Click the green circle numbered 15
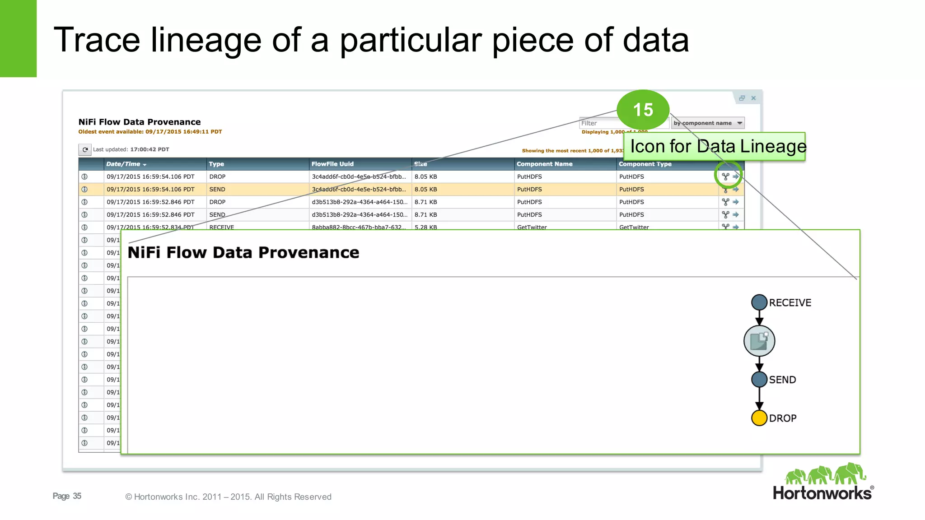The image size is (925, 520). click(x=643, y=110)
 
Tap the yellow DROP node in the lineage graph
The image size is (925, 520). click(x=759, y=418)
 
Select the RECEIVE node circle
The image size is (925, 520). click(x=759, y=302)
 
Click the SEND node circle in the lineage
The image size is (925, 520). click(x=759, y=380)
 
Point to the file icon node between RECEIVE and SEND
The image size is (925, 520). click(x=759, y=341)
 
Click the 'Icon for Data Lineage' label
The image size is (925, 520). click(x=718, y=146)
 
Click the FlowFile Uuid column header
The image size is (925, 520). click(x=332, y=164)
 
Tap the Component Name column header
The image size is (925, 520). click(x=544, y=164)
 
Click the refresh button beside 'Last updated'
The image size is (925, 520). click(x=85, y=149)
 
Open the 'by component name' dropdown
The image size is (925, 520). click(x=707, y=123)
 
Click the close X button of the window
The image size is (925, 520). click(x=753, y=98)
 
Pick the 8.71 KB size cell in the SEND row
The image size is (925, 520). click(x=425, y=214)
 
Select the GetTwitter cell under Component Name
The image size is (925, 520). click(x=532, y=227)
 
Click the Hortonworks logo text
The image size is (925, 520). click(x=822, y=493)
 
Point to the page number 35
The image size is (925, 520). click(x=77, y=496)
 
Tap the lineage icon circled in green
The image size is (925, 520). click(x=725, y=176)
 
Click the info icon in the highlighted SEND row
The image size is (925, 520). click(x=84, y=189)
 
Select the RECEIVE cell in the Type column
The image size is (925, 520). click(x=221, y=227)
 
